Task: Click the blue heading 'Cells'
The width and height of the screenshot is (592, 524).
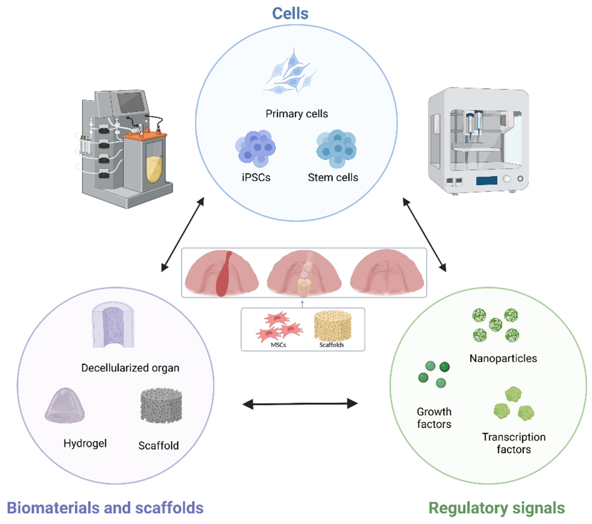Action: [290, 14]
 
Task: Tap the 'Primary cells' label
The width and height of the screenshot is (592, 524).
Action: [297, 114]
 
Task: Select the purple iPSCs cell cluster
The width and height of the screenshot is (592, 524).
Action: [255, 148]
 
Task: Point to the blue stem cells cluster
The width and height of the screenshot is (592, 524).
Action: [336, 148]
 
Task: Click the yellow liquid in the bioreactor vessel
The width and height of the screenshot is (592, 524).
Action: [154, 170]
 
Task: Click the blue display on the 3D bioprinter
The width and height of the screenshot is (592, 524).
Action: [487, 180]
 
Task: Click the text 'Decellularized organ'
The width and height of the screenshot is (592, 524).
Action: [130, 368]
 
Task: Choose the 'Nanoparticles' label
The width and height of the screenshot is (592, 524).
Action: [503, 358]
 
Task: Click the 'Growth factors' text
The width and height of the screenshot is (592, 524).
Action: [434, 418]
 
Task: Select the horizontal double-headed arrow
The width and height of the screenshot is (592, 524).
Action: [300, 403]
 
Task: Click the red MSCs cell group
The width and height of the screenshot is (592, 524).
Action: [279, 328]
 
